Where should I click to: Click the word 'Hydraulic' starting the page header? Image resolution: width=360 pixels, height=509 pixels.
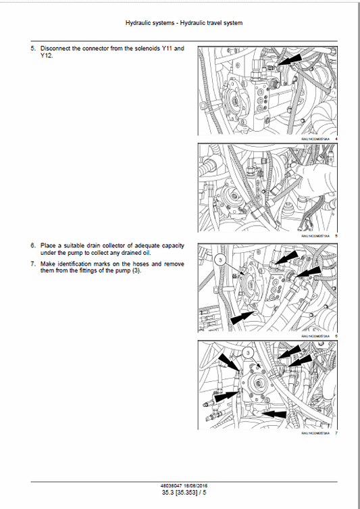140,23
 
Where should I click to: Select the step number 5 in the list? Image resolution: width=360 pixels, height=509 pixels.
32,49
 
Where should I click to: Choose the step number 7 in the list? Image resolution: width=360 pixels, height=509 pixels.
32,264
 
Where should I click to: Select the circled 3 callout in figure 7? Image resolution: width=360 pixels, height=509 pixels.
248,353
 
